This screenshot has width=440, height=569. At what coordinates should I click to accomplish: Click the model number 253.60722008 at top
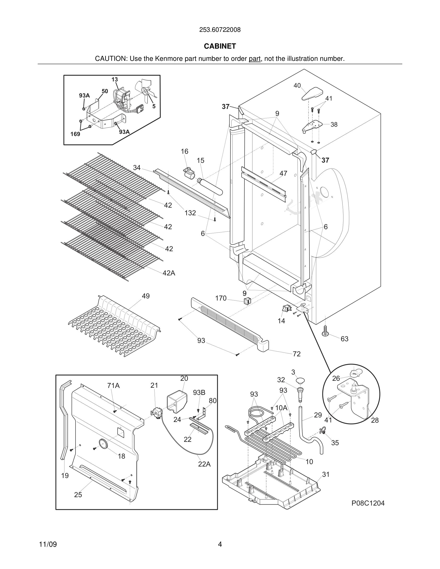click(x=220, y=30)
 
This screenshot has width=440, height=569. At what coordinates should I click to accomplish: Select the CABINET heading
click(x=220, y=46)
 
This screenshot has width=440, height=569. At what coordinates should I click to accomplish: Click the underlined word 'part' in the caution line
click(x=255, y=59)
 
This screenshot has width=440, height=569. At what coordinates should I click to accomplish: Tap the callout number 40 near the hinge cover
click(x=297, y=85)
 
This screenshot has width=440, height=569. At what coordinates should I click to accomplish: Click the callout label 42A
click(x=169, y=273)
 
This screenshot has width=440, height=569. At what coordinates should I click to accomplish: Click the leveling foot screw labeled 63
click(x=325, y=331)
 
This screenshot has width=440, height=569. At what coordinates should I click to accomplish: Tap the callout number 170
click(x=221, y=298)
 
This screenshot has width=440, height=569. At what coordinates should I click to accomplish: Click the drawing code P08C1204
click(x=368, y=503)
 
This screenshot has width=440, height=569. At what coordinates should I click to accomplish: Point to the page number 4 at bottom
click(x=220, y=544)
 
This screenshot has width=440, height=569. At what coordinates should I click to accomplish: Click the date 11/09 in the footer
click(x=48, y=544)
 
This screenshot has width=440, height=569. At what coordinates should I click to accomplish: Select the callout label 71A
click(x=113, y=385)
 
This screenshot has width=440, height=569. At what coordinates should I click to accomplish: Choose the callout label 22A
click(x=204, y=464)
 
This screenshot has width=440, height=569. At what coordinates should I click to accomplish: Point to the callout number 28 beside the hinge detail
click(x=375, y=420)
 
